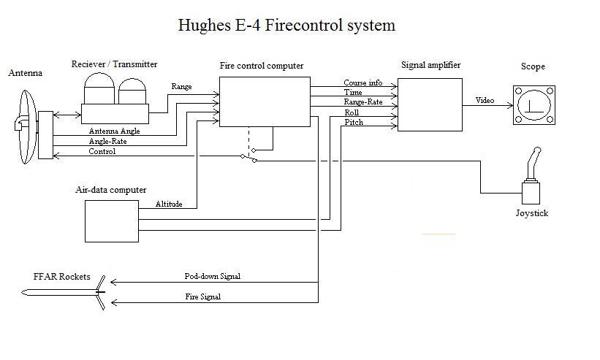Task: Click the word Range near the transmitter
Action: [x=181, y=87]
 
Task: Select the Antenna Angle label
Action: [x=114, y=131]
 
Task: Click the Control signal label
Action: [x=102, y=152]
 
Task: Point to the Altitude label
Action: [x=169, y=204]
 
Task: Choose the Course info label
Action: [x=363, y=83]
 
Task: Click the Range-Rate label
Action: [x=363, y=102]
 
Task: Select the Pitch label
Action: [x=354, y=123]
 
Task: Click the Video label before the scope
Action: [x=485, y=100]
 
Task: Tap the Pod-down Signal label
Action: [x=212, y=277]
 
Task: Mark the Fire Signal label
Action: [x=202, y=297]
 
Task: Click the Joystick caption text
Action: [x=531, y=214]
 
